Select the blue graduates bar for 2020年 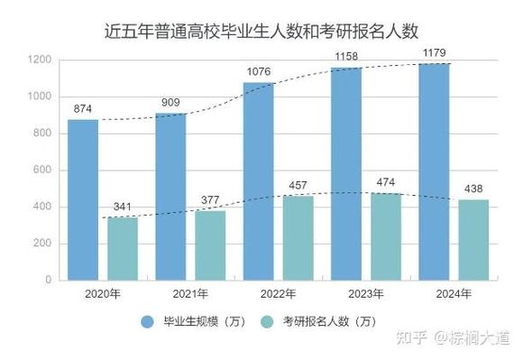pos(83,199)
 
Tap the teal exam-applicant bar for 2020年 pos(122,248)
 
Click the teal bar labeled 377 pos(209,245)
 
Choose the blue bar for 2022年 pos(258,180)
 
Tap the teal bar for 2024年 pos(473,239)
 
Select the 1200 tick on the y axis pos(40,60)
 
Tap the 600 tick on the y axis pos(42,171)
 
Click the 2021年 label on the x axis pos(190,293)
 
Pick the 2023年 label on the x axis pos(365,293)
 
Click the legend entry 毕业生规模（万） pos(188,321)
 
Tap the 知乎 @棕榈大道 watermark pos(457,337)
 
